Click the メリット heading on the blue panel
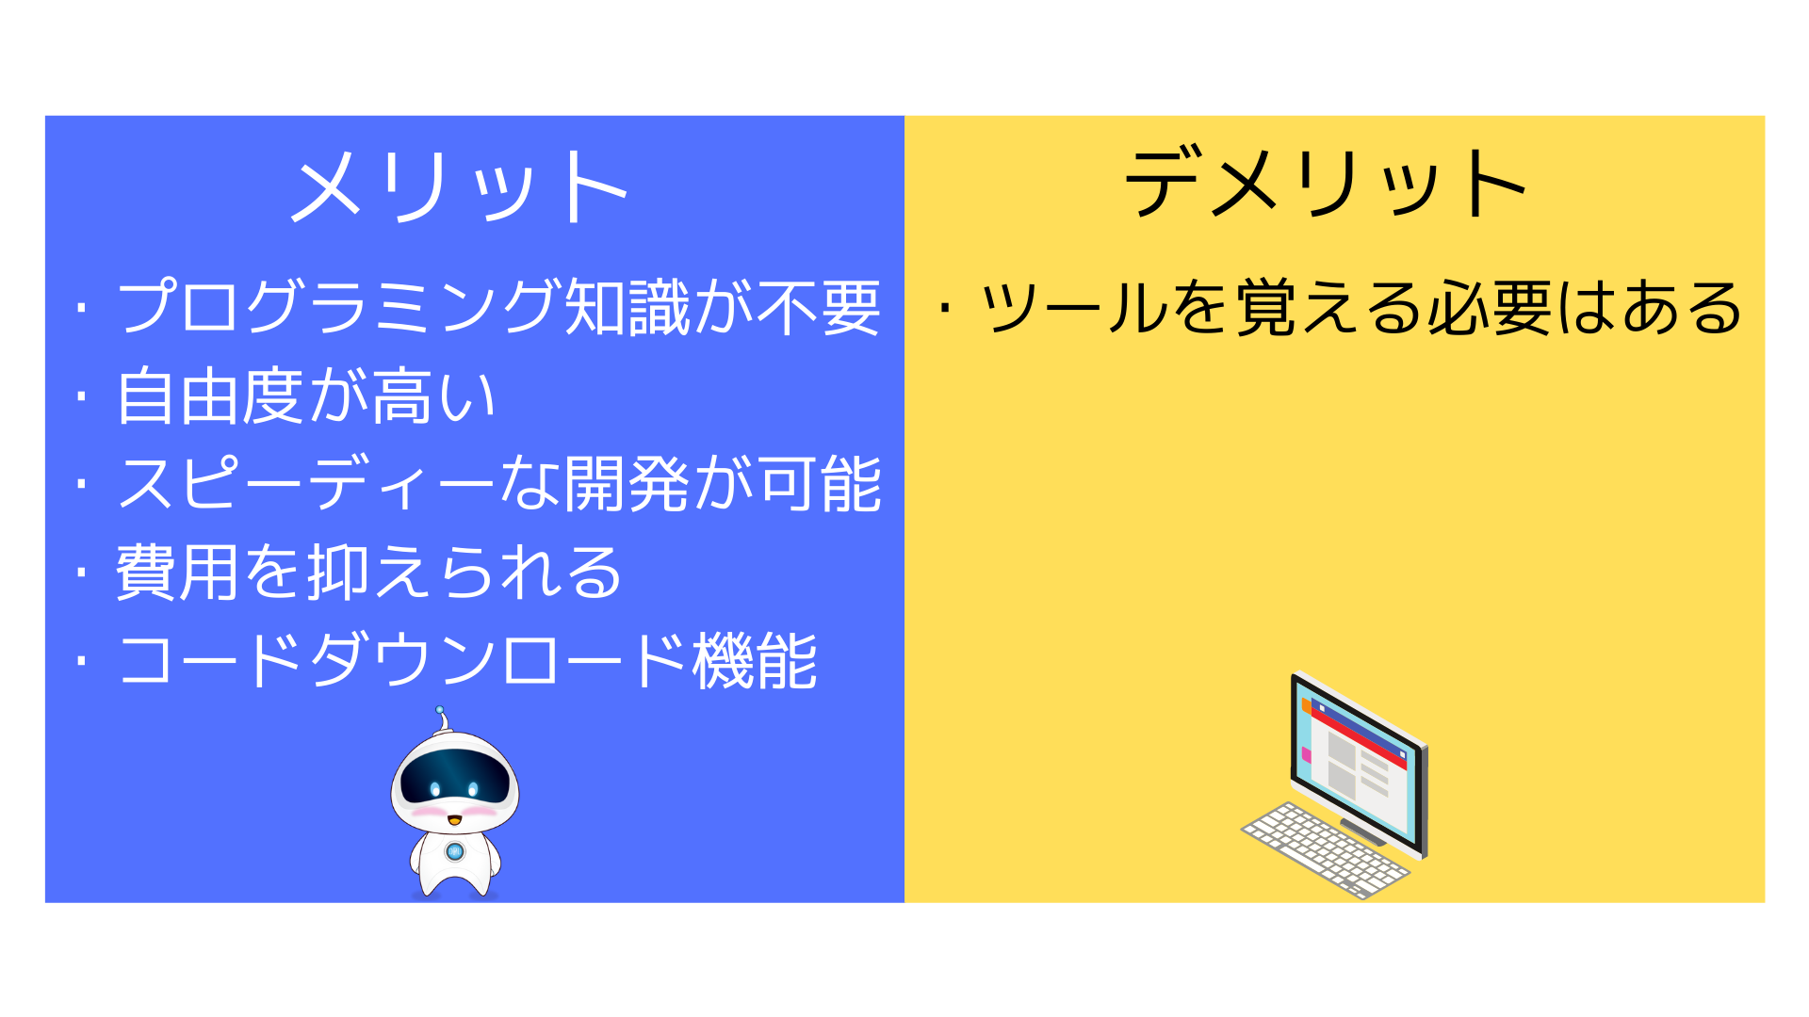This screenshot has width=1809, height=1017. (x=459, y=186)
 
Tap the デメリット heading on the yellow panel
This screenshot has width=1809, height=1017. (x=1326, y=182)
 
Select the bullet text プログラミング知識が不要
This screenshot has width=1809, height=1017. (x=499, y=307)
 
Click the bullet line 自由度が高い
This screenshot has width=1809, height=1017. (x=306, y=395)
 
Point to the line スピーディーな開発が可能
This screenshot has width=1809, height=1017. (x=499, y=484)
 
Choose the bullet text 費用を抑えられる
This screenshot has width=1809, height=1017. (x=368, y=573)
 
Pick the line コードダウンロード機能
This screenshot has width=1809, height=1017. (x=467, y=661)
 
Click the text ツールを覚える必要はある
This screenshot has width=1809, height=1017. (x=1361, y=307)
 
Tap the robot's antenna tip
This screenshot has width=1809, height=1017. (x=439, y=710)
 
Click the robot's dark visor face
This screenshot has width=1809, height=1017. (x=455, y=778)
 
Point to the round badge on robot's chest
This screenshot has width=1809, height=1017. (x=455, y=851)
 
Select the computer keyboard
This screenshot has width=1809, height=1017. (x=1325, y=849)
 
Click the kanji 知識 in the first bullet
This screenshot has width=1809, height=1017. (x=627, y=307)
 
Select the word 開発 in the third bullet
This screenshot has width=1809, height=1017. (x=627, y=484)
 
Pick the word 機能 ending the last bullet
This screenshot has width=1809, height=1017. (x=755, y=661)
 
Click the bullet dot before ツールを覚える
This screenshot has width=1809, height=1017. (x=945, y=307)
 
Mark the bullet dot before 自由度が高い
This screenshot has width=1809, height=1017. (x=82, y=396)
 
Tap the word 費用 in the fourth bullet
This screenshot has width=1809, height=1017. (x=178, y=573)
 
